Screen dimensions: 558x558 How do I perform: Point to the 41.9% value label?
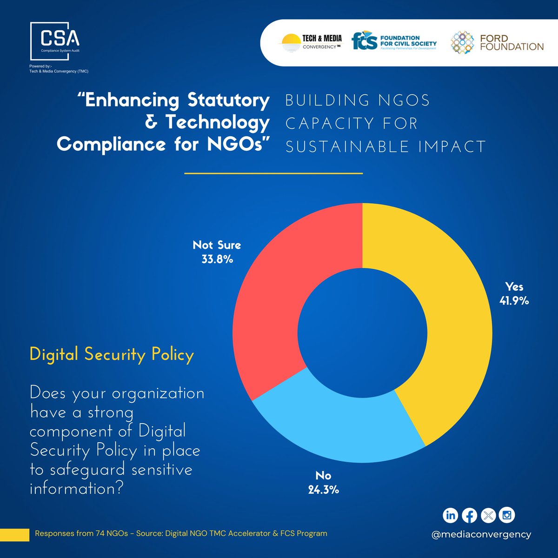514,301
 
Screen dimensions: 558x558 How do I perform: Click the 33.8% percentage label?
217,259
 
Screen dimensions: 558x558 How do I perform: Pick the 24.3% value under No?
323,490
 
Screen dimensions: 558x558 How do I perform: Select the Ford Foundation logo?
497,42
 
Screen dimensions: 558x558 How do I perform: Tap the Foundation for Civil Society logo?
394,42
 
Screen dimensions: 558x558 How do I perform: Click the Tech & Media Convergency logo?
310,42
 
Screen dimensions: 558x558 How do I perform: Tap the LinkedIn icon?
450,515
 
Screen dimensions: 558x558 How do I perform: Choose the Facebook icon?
469,515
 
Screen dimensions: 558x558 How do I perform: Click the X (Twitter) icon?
488,515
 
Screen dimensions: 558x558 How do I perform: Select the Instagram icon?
507,515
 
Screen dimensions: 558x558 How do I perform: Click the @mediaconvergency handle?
481,534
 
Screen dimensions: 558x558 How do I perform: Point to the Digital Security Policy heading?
112,355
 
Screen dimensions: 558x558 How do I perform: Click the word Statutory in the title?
228,100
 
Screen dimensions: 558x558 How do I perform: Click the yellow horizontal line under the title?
273,173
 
